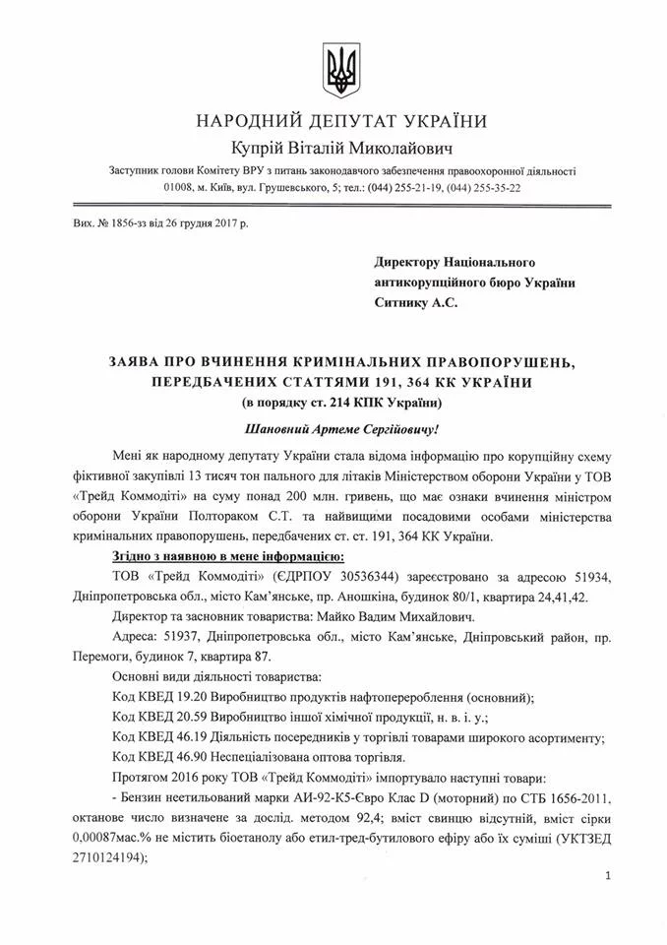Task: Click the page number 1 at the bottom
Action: point(611,876)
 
